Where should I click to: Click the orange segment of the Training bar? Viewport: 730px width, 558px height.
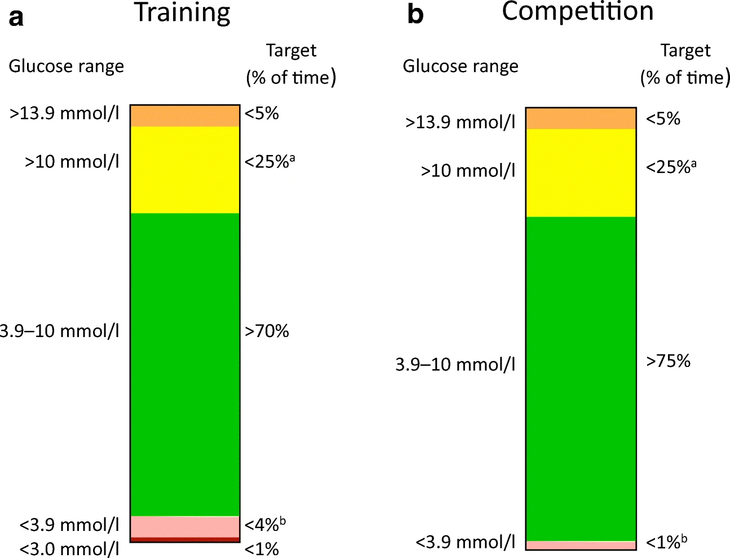tap(185, 116)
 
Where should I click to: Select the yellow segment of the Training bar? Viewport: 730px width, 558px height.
tap(185, 170)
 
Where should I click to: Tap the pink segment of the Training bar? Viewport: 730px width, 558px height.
tap(185, 527)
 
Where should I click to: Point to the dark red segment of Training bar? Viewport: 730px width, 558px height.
tap(185, 540)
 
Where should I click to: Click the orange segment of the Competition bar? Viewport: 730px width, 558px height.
tap(581, 118)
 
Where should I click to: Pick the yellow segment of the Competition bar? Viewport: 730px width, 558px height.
tap(581, 173)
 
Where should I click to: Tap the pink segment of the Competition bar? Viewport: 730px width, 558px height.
tap(581, 546)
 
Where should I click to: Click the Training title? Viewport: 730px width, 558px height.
tap(182, 12)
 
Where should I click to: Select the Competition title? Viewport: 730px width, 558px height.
tap(578, 11)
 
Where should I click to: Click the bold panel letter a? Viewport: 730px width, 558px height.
tap(16, 17)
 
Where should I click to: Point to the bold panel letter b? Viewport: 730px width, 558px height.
tap(415, 15)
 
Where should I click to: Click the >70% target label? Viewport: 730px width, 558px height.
tap(267, 331)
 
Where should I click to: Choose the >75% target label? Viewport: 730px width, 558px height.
tap(668, 361)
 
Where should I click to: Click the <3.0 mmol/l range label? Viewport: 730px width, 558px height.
tap(69, 548)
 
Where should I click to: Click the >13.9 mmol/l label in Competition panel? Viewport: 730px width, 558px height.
tap(460, 122)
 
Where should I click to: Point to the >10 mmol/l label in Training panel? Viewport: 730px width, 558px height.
tap(72, 162)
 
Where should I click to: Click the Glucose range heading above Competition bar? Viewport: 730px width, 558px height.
tap(460, 66)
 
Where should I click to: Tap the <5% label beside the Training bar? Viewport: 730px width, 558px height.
tap(262, 114)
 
